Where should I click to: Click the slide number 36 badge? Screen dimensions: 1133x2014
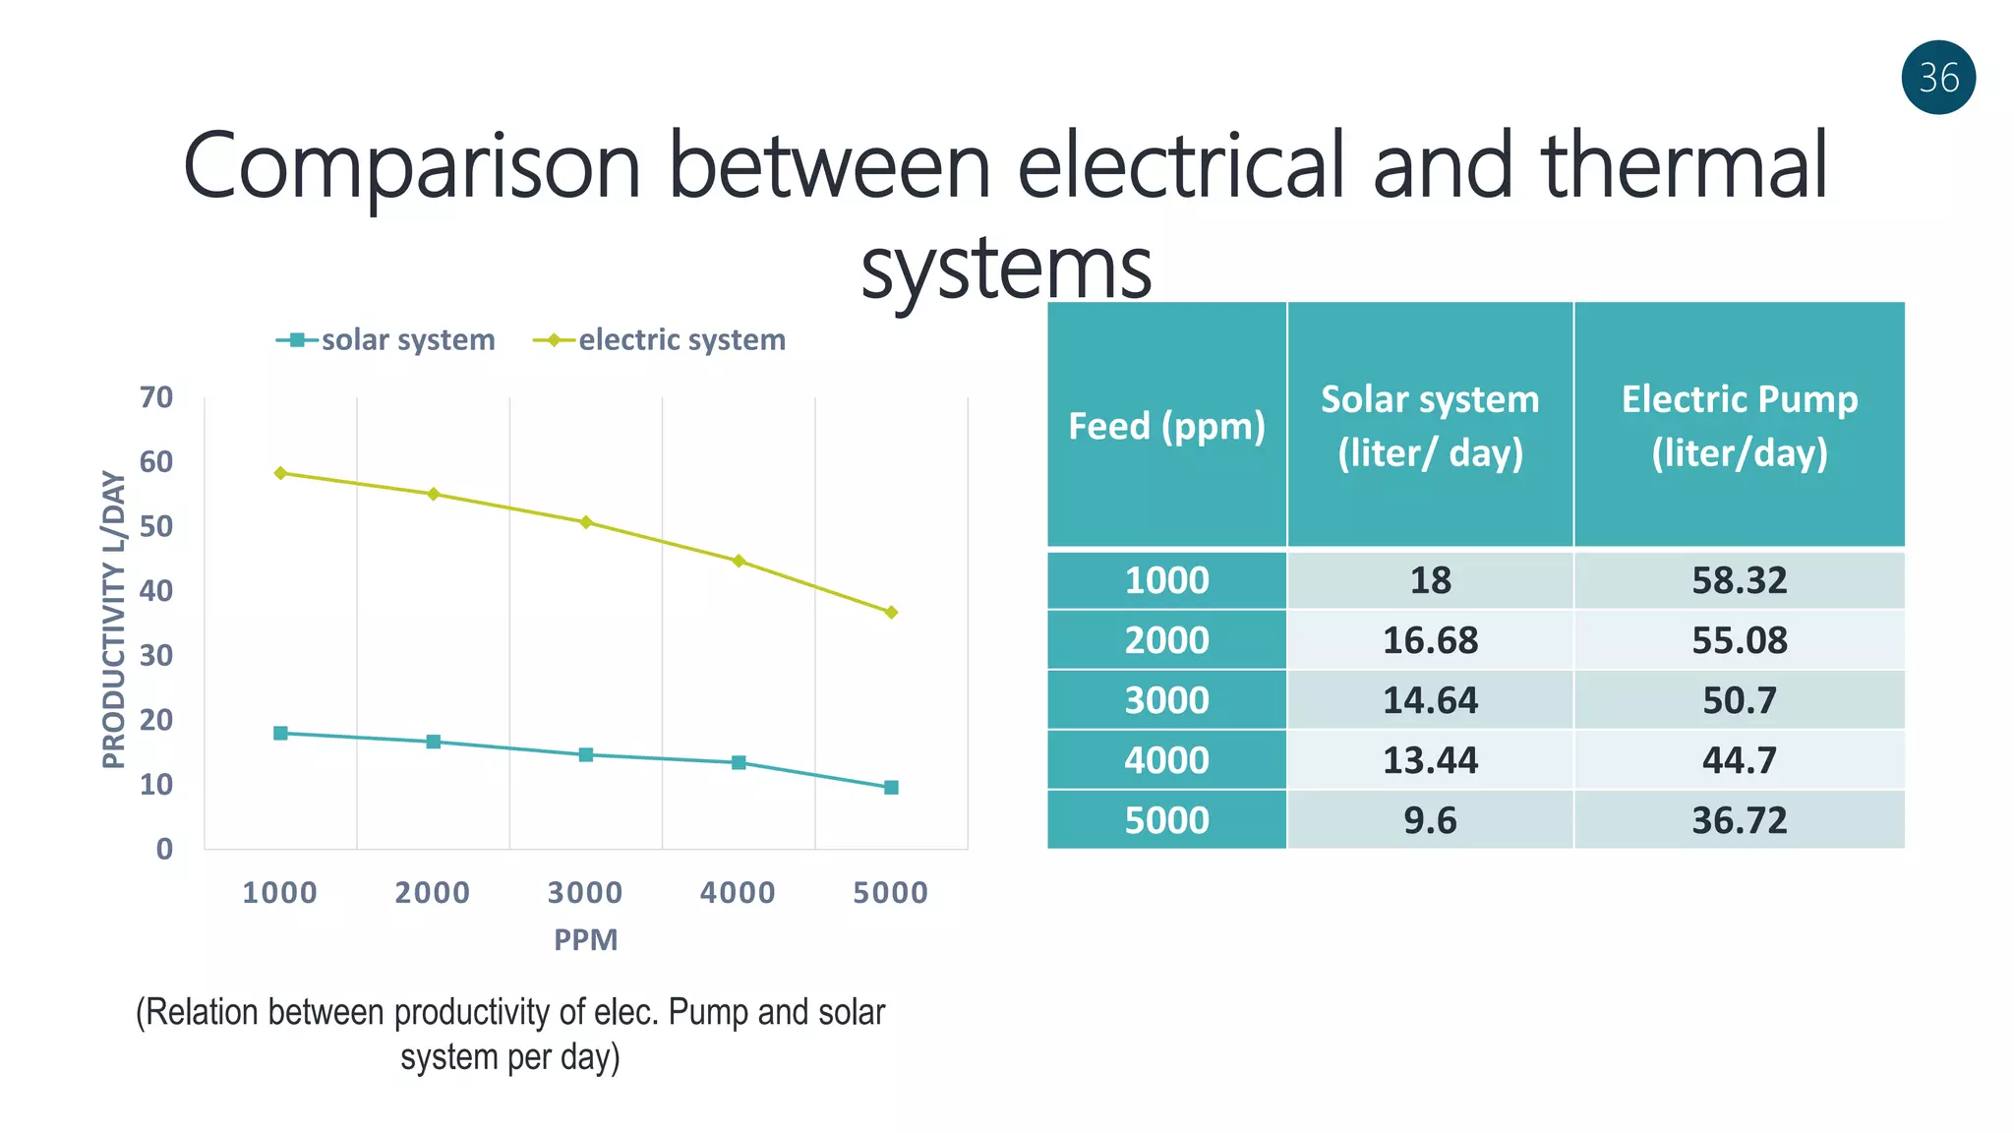(x=1938, y=78)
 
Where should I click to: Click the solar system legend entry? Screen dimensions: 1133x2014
(x=385, y=340)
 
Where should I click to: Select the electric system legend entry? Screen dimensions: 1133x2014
(x=661, y=340)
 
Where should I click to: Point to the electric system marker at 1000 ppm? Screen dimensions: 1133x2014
(x=280, y=473)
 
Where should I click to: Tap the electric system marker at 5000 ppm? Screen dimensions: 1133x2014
(x=891, y=612)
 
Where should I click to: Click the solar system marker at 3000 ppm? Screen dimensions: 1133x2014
(x=586, y=754)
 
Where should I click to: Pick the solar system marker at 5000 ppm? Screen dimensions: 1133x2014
(x=891, y=787)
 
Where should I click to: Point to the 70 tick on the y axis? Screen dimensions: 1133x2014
(x=156, y=397)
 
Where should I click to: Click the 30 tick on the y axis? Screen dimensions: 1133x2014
(x=156, y=655)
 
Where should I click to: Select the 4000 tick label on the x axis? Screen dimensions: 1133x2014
(x=738, y=892)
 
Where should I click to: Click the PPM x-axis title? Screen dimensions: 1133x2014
(x=586, y=939)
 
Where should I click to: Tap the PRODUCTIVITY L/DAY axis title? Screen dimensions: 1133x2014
(x=114, y=620)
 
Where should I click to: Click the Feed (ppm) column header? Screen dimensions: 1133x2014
(x=1166, y=426)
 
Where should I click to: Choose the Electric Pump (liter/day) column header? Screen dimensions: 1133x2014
(x=1739, y=426)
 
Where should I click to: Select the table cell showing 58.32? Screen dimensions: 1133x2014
(x=1739, y=580)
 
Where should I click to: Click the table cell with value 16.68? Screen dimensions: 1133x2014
(x=1430, y=640)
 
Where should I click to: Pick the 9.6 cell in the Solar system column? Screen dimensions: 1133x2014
(x=1430, y=820)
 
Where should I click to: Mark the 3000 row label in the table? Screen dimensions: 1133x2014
(x=1166, y=700)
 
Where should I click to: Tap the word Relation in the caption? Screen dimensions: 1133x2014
(x=203, y=1012)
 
